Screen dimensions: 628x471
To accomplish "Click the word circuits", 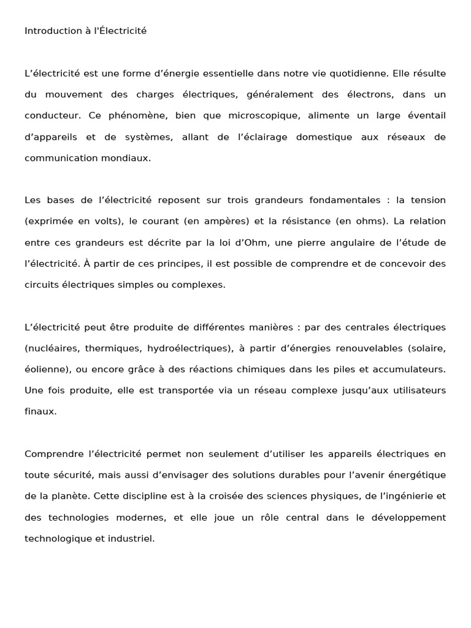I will coord(40,285).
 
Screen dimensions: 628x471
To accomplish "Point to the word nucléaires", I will coord(52,348).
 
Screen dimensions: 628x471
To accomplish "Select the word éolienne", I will coord(47,370).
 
